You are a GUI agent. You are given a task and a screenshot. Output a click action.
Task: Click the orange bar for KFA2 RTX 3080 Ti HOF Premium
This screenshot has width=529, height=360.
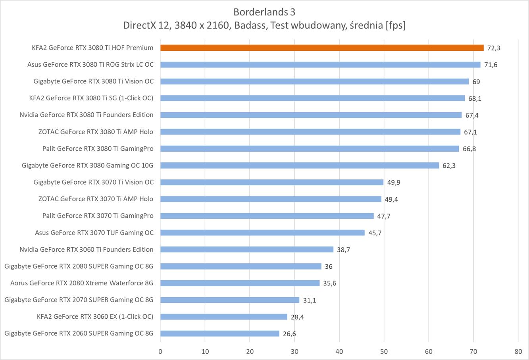pyautogui.click(x=322, y=48)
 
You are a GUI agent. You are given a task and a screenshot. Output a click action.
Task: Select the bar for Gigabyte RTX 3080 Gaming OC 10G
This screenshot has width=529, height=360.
pyautogui.click(x=300, y=166)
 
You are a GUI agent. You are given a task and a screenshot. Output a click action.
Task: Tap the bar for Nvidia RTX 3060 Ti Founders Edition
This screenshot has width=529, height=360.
pyautogui.click(x=247, y=249)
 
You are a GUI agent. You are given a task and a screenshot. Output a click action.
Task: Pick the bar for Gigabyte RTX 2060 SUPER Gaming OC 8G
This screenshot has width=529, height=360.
pyautogui.click(x=220, y=333)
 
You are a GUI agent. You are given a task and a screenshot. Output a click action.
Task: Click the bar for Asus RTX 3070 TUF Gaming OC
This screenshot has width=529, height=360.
pyautogui.click(x=262, y=233)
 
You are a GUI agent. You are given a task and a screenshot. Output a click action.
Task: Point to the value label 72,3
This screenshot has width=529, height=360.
pyautogui.click(x=493, y=48)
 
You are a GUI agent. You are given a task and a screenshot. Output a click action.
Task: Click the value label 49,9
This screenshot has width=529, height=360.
pyautogui.click(x=394, y=183)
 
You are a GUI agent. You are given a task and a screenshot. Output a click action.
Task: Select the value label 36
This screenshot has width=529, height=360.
pyautogui.click(x=329, y=267)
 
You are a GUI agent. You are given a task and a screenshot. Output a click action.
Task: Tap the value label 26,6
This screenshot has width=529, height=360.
pyautogui.click(x=289, y=334)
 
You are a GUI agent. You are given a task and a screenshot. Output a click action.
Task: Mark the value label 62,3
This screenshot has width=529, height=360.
pyautogui.click(x=449, y=166)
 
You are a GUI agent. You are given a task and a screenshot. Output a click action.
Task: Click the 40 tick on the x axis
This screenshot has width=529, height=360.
pyautogui.click(x=339, y=351)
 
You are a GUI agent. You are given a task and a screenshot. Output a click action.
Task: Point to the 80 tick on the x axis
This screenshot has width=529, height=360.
pyautogui.click(x=518, y=351)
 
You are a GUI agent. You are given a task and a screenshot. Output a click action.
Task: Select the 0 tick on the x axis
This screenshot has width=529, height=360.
pyautogui.click(x=160, y=351)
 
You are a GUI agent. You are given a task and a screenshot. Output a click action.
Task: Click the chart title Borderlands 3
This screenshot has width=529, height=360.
pyautogui.click(x=264, y=11)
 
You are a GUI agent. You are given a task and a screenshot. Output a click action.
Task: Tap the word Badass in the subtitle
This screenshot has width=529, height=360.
pyautogui.click(x=249, y=25)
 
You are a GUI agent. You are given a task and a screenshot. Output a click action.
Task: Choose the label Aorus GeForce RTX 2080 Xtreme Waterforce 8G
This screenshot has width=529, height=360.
pyautogui.click(x=82, y=283)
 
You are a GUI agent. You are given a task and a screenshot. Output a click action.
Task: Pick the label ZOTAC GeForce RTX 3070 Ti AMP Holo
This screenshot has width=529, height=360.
pyautogui.click(x=96, y=199)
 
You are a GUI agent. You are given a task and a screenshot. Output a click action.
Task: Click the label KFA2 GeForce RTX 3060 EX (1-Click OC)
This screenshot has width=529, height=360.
pyautogui.click(x=95, y=316)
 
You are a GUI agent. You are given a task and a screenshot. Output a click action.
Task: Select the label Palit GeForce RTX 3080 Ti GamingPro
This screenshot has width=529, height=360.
pyautogui.click(x=98, y=148)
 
